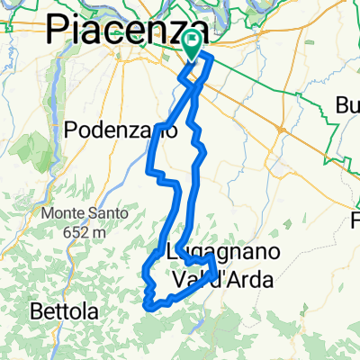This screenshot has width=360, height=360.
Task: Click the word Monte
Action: click(55, 214)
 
